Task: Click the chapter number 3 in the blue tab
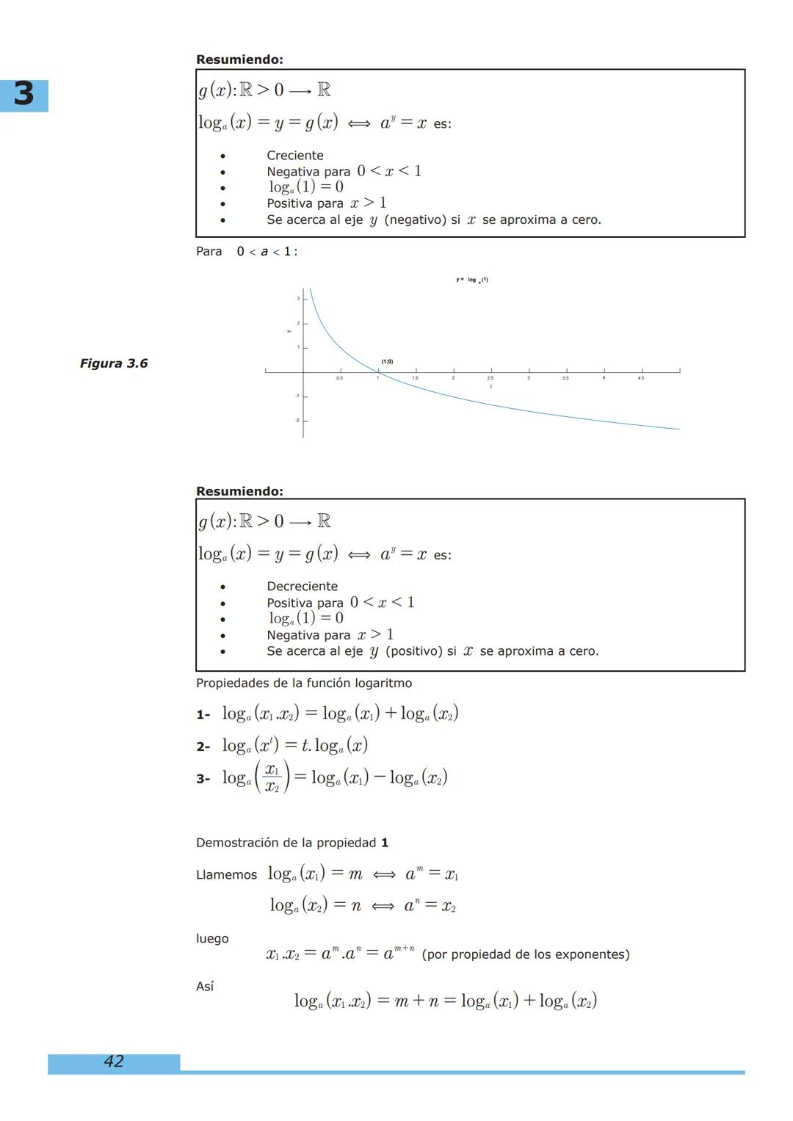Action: click(23, 95)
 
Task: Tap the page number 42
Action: click(114, 1061)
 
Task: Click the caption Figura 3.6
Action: click(114, 363)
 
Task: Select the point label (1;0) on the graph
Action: click(387, 361)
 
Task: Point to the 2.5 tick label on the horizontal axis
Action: click(490, 378)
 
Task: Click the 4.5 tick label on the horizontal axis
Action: click(641, 378)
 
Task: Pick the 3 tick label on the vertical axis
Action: click(298, 298)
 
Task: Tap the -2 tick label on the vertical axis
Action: click(297, 421)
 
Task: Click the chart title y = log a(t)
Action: click(472, 280)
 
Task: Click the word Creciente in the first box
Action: click(295, 156)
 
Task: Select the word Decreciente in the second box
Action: click(303, 587)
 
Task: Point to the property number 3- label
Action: click(203, 779)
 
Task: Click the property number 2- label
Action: click(203, 747)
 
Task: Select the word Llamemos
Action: click(226, 875)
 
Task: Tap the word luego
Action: click(212, 939)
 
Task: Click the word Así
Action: click(205, 987)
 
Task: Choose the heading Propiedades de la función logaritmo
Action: click(304, 683)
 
